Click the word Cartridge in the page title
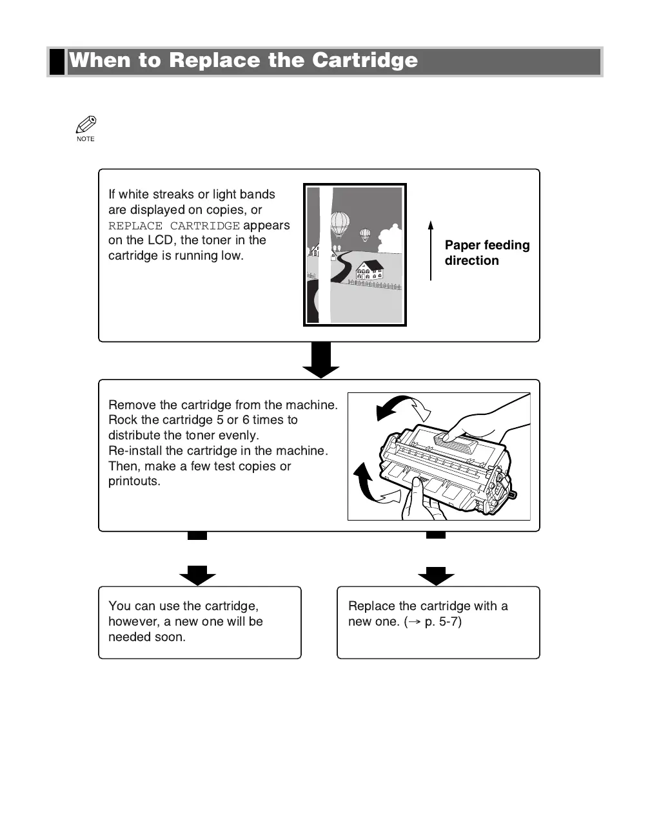pyautogui.click(x=364, y=61)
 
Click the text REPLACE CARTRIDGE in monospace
pyautogui.click(x=174, y=226)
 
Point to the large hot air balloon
pyautogui.click(x=340, y=223)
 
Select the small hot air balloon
pyautogui.click(x=365, y=234)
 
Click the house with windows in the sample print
pyautogui.click(x=369, y=270)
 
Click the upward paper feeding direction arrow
pyautogui.click(x=431, y=251)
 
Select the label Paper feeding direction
pyautogui.click(x=486, y=253)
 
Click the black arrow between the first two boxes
pyautogui.click(x=320, y=360)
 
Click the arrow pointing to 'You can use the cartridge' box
pyautogui.click(x=197, y=574)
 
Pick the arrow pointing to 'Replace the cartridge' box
pyautogui.click(x=436, y=574)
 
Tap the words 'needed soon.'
pyautogui.click(x=147, y=637)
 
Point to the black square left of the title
pyautogui.click(x=57, y=61)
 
